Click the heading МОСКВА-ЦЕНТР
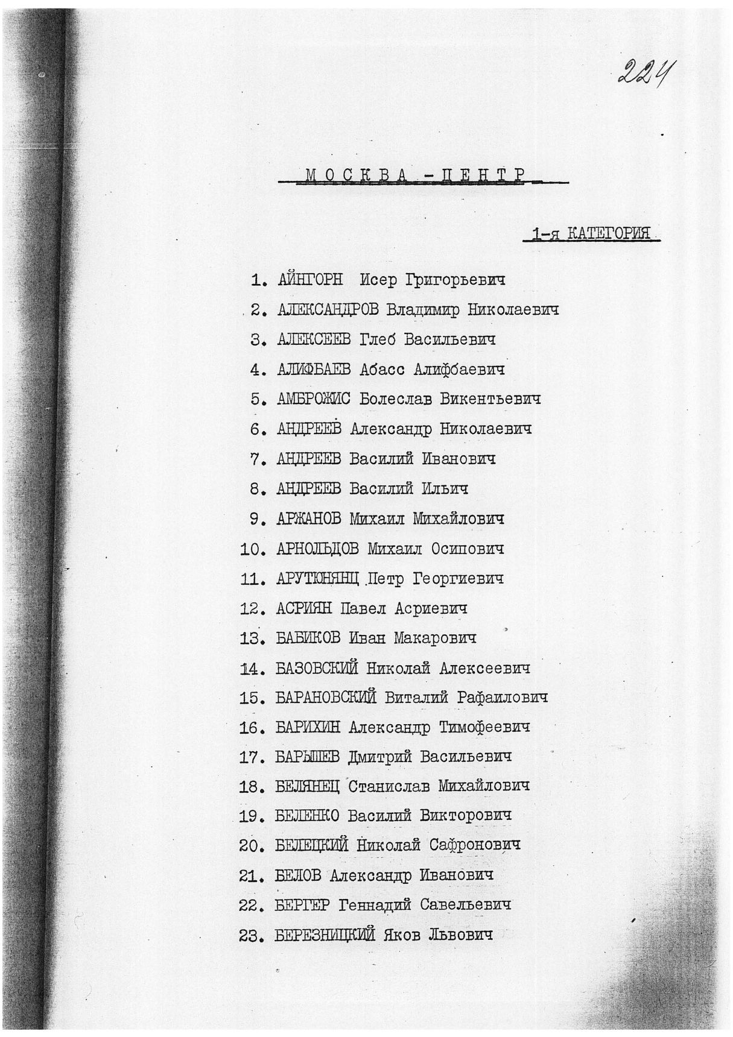pyautogui.click(x=414, y=175)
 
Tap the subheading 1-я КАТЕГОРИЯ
pyautogui.click(x=591, y=234)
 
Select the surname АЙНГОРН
pyautogui.click(x=310, y=280)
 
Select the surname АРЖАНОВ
pyautogui.click(x=309, y=518)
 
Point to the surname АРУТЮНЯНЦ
pyautogui.click(x=318, y=579)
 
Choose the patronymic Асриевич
pyautogui.click(x=431, y=609)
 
